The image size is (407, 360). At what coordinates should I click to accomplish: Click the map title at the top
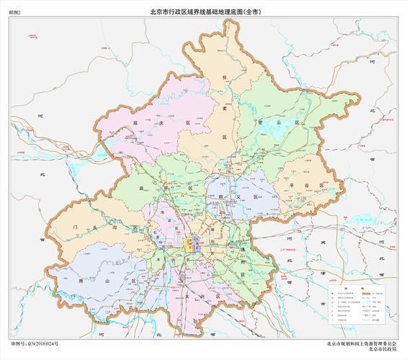[x=204, y=12]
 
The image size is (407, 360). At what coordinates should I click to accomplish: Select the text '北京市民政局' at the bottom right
[x=381, y=351]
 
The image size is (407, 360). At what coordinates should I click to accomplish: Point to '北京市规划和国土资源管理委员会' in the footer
[x=360, y=344]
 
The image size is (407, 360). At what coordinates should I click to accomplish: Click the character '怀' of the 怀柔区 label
[x=224, y=76]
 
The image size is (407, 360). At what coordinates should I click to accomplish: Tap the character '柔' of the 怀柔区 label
[x=224, y=108]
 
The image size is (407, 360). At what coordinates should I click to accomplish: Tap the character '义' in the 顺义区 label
[x=234, y=195]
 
